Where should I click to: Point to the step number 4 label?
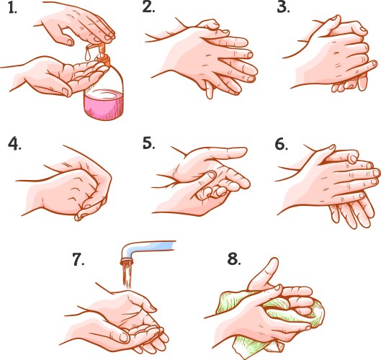pyautogui.click(x=14, y=143)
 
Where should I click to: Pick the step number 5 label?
pyautogui.click(x=149, y=143)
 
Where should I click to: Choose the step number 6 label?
pyautogui.click(x=281, y=143)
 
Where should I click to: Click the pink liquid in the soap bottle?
pyautogui.click(x=104, y=102)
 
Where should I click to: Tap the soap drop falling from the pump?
pyautogui.click(x=86, y=51)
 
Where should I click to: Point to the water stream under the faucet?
pyautogui.click(x=127, y=272)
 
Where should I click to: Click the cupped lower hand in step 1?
pyautogui.click(x=50, y=76)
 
